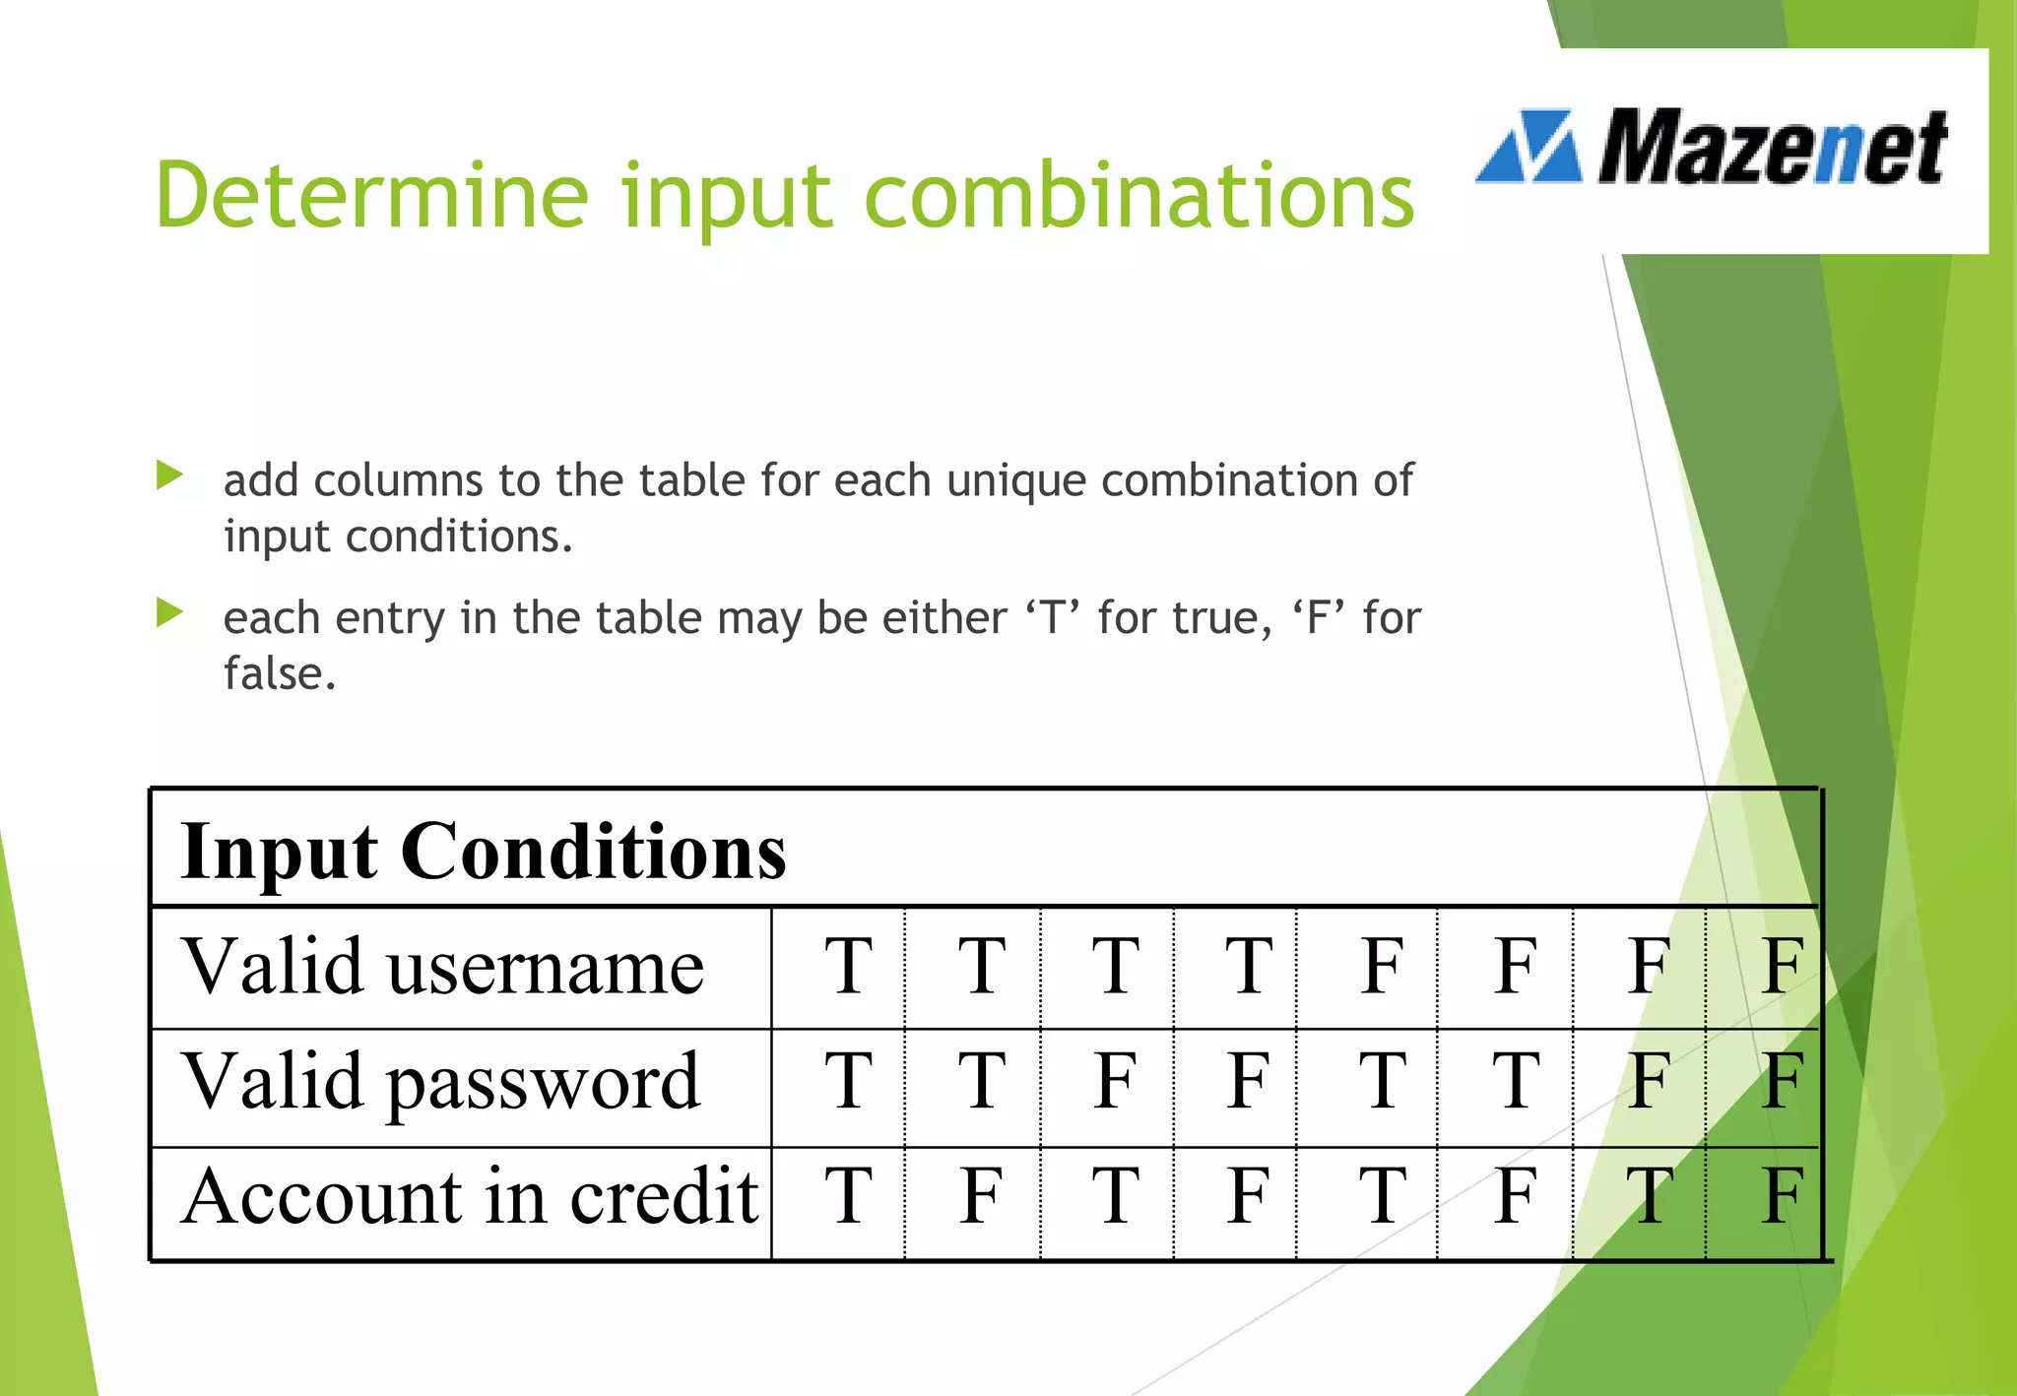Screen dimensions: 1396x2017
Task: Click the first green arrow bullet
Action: pos(169,476)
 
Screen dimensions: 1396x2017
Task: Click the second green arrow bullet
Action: pos(169,614)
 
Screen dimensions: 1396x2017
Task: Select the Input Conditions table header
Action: pos(484,851)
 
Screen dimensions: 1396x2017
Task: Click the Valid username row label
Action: pos(443,967)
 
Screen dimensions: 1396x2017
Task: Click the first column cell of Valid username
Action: pos(848,967)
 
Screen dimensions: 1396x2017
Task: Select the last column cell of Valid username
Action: pos(1783,967)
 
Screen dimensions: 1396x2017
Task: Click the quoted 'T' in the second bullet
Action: pos(1052,618)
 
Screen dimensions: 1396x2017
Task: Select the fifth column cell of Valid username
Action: pos(1382,967)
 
